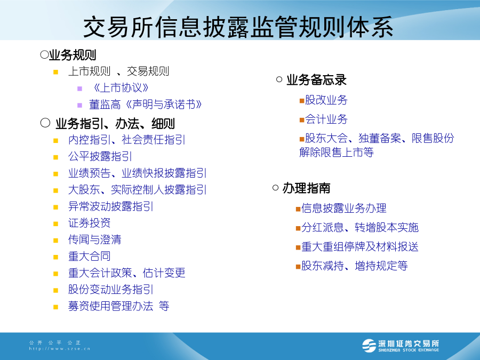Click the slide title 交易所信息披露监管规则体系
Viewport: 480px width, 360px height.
click(x=238, y=27)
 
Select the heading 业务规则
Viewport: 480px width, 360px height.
click(x=73, y=55)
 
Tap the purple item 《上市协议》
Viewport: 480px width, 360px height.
click(x=121, y=88)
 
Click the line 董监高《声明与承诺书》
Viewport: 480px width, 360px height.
click(x=146, y=105)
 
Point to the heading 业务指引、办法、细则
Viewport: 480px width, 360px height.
click(x=115, y=124)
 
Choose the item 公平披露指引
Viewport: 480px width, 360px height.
click(x=100, y=156)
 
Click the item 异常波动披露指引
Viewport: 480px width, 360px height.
click(x=110, y=206)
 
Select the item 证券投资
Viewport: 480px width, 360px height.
click(x=89, y=223)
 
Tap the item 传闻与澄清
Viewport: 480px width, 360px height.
click(x=94, y=239)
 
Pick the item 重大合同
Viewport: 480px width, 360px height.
click(x=89, y=256)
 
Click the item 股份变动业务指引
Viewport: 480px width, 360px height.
click(x=110, y=289)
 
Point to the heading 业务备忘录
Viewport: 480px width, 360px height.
click(x=316, y=80)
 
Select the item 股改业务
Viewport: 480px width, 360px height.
click(x=326, y=100)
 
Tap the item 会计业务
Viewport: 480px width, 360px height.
click(x=326, y=119)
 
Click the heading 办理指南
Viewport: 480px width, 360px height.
click(x=307, y=188)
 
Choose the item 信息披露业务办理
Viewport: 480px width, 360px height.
click(x=344, y=208)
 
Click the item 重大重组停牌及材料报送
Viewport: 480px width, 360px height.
click(x=359, y=246)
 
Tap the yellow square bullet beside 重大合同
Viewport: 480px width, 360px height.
click(x=55, y=257)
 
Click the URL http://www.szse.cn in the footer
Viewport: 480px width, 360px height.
click(x=60, y=349)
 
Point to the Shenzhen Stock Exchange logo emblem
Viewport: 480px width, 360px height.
click(x=369, y=346)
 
